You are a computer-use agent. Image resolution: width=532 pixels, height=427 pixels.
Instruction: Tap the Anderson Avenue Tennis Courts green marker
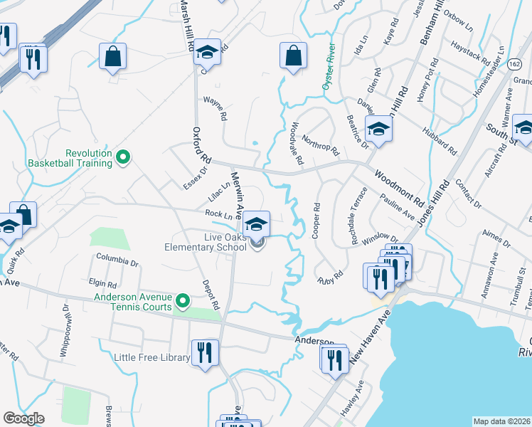click(x=183, y=302)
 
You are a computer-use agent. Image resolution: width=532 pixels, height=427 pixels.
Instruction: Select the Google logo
click(x=24, y=418)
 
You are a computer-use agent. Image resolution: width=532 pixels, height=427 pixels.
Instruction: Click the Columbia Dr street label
click(x=117, y=262)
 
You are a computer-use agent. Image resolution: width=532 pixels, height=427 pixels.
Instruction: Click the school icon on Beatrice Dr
click(x=379, y=130)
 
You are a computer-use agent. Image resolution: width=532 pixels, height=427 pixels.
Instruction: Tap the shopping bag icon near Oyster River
click(x=293, y=56)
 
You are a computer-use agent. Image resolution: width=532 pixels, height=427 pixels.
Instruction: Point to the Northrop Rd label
click(x=321, y=145)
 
